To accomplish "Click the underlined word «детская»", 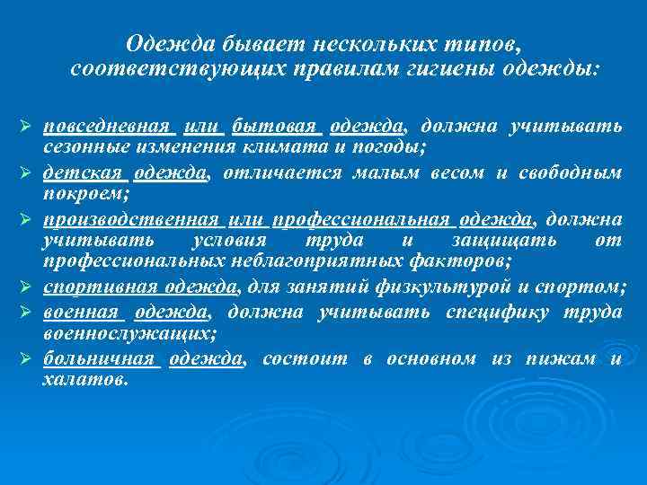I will click(x=82, y=172).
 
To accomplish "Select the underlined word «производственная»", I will click(x=131, y=220).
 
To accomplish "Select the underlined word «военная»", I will click(x=82, y=311).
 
